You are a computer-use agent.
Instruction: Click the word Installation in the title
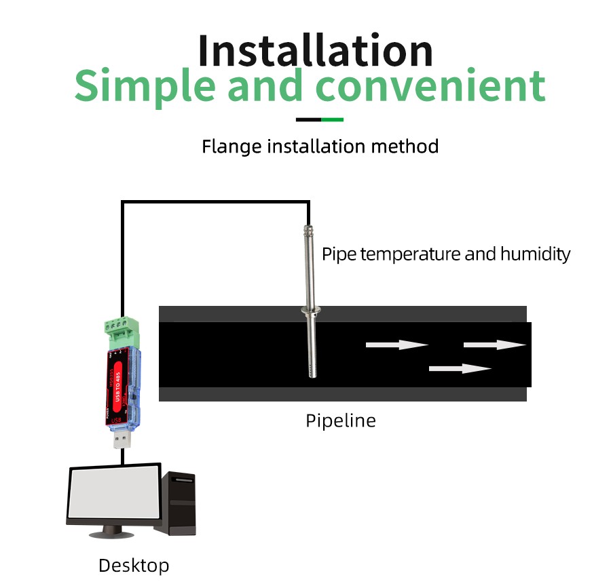[316, 50]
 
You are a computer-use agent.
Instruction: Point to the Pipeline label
[340, 421]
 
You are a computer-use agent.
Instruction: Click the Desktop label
[134, 565]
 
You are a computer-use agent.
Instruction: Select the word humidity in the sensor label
[535, 254]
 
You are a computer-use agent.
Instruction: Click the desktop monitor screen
[114, 493]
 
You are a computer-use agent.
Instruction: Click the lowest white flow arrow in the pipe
[460, 369]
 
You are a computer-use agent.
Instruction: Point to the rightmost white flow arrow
[495, 345]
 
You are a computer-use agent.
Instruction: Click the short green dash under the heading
[332, 120]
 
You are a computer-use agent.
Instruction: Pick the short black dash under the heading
[308, 120]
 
